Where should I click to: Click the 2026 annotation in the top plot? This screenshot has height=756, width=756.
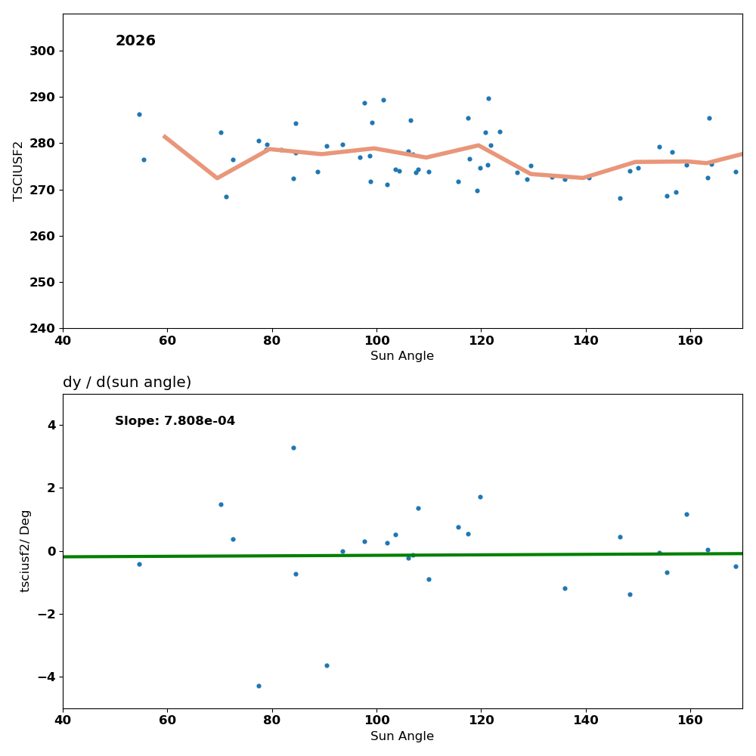tap(135, 41)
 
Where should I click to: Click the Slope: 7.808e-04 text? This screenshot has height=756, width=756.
tap(175, 421)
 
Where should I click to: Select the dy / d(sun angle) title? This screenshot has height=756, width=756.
tap(127, 383)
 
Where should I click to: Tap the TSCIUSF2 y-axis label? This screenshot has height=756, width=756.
tap(18, 171)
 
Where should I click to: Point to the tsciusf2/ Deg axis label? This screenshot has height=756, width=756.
tap(26, 551)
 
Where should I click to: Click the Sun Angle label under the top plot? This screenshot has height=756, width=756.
tap(402, 356)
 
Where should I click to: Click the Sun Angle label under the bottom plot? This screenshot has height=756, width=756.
tap(402, 736)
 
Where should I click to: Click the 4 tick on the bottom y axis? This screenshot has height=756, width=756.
tap(51, 425)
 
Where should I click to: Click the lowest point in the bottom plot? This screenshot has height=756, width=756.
tap(259, 686)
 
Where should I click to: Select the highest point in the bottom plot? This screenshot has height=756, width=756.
tap(293, 448)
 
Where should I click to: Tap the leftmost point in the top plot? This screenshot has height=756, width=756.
tap(139, 114)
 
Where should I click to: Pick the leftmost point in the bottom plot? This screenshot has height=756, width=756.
tap(139, 564)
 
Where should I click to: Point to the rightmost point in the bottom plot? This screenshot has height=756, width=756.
tap(736, 566)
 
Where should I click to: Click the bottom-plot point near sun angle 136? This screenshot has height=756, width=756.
tap(565, 588)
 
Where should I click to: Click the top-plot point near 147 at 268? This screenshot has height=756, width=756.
tap(620, 198)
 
